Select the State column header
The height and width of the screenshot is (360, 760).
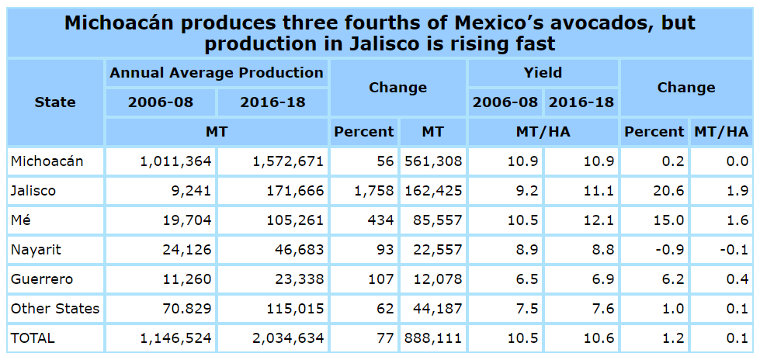point(55,102)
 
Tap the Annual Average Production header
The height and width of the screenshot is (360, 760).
point(217,73)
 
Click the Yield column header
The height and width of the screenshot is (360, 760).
point(543,73)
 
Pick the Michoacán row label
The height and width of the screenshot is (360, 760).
point(47,161)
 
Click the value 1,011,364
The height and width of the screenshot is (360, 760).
point(177,161)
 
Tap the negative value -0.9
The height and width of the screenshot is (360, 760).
point(669,250)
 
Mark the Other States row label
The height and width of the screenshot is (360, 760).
point(55,309)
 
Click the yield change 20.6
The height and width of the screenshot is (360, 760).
point(669,190)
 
